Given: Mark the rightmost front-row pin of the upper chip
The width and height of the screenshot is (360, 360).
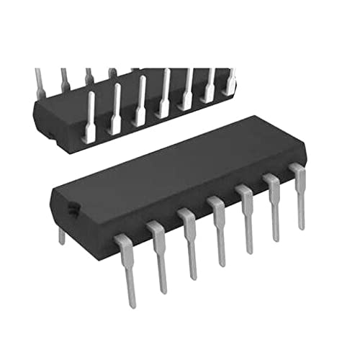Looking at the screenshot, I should pyautogui.click(x=230, y=81).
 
